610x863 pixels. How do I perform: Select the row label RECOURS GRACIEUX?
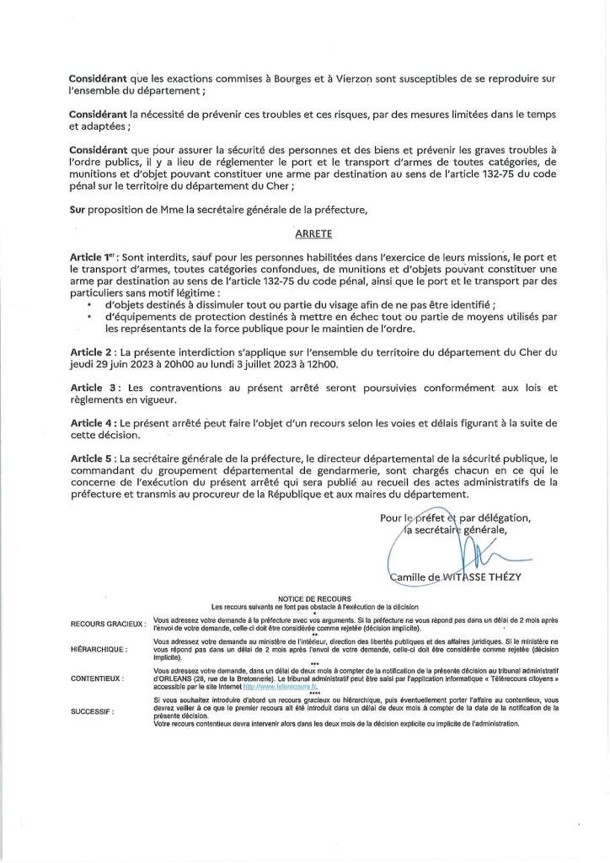click(108, 624)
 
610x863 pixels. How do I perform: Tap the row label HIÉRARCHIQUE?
click(99, 650)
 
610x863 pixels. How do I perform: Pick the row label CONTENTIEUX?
click(98, 678)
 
